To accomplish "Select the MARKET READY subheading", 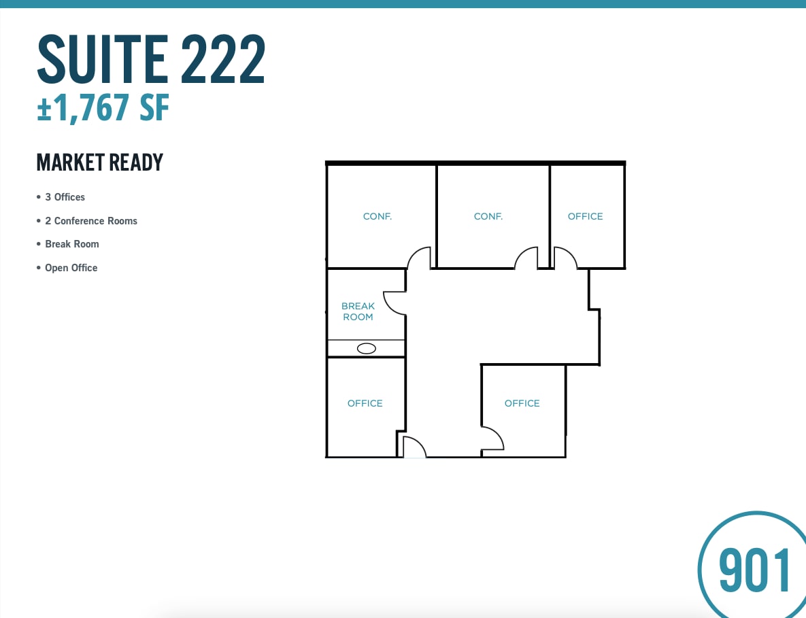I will [100, 162].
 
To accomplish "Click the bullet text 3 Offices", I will [65, 197].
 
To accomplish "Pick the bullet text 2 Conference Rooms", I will [91, 221].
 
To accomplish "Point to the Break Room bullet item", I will [72, 244].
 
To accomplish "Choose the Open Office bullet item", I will [71, 268].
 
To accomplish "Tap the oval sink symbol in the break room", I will [367, 349].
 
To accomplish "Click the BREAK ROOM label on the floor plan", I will [358, 311].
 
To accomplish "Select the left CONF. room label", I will [377, 216].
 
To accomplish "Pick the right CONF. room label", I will [488, 216].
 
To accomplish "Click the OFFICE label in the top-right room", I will [586, 216].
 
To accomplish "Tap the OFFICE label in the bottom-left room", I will [365, 403].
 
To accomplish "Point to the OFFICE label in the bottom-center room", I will [522, 403].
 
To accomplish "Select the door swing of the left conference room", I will [420, 258].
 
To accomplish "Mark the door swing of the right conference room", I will [526, 258].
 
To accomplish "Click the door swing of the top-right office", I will [565, 258].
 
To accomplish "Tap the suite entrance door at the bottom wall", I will [414, 447].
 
